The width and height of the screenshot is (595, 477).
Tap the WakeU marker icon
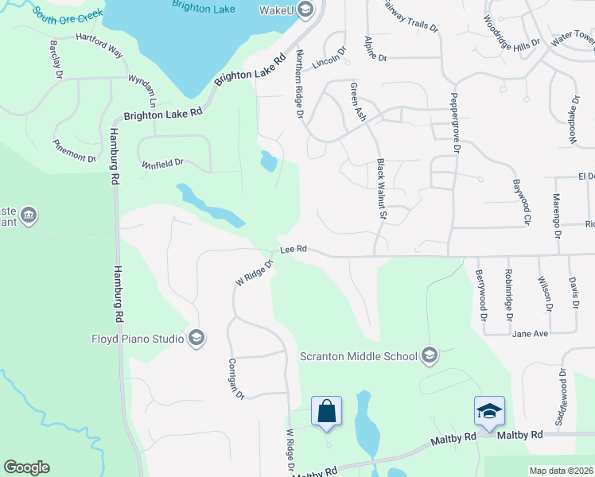pyautogui.click(x=306, y=10)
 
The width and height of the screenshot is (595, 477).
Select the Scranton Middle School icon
pyautogui.click(x=430, y=355)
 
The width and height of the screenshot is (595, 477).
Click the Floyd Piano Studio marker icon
pyautogui.click(x=196, y=339)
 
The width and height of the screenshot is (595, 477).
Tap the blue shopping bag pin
pyautogui.click(x=326, y=411)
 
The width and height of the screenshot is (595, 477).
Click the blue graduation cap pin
pyautogui.click(x=489, y=410)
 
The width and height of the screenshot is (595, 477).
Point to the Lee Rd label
pyautogui.click(x=294, y=249)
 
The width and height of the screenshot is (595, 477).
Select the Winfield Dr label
pyautogui.click(x=162, y=163)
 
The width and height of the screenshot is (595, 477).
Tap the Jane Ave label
pyautogui.click(x=531, y=334)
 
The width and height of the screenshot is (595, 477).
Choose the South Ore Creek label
pyautogui.click(x=68, y=14)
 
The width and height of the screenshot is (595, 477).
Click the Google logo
pyautogui.click(x=26, y=467)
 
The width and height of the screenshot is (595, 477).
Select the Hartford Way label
pyautogui.click(x=99, y=45)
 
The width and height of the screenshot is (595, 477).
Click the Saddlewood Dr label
pyautogui.click(x=562, y=395)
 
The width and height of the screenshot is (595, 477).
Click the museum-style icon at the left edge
pyautogui.click(x=29, y=215)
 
